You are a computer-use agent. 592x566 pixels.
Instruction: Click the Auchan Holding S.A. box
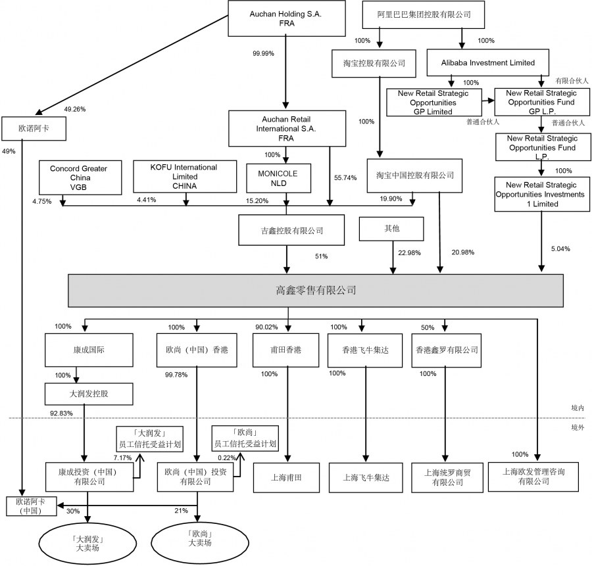285,18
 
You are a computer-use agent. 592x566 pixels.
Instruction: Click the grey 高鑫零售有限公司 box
316,289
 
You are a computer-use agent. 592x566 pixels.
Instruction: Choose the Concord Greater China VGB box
78,177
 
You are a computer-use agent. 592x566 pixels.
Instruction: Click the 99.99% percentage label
262,53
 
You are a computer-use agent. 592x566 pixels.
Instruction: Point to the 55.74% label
345,177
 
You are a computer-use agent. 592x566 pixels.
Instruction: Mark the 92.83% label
61,413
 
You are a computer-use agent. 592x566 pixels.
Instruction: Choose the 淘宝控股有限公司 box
374,63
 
